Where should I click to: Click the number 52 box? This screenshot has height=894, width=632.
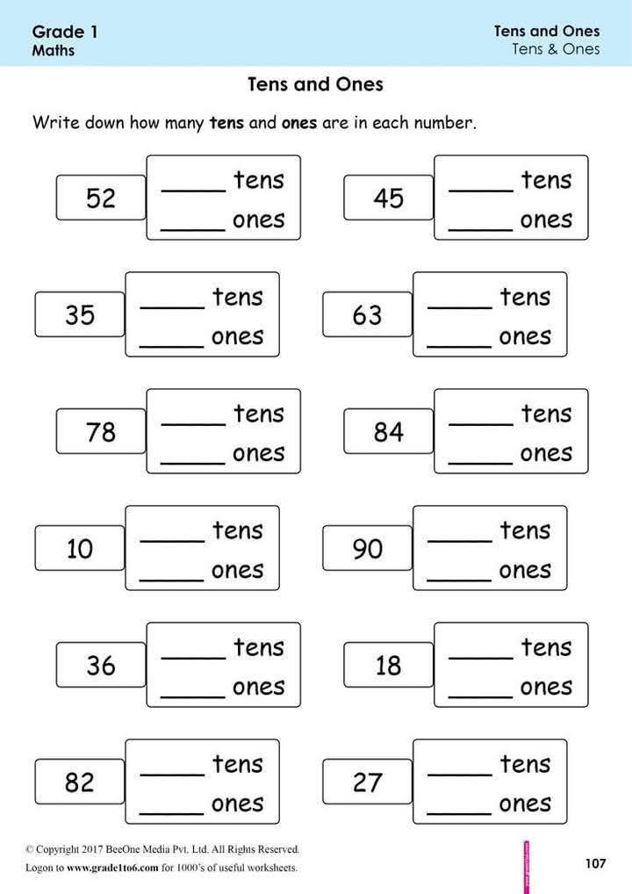101,198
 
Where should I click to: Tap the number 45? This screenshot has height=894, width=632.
389,198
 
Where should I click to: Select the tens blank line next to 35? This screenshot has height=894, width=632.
172,307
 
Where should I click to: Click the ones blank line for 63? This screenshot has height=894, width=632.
459,346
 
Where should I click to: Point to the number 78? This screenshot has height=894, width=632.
101,431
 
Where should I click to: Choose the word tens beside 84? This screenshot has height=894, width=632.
546,414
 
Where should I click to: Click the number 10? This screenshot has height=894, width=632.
80,549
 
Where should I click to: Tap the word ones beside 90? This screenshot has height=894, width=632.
525,570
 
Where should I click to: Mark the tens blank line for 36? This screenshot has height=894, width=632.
194,658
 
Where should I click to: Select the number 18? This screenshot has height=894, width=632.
389,666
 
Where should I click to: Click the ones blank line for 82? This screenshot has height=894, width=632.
171,813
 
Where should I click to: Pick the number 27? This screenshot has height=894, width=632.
368,782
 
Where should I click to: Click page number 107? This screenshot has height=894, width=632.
595,863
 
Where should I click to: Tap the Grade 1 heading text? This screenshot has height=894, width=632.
65,32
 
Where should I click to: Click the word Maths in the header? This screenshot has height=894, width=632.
53,50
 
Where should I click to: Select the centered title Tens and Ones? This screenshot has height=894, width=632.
316,84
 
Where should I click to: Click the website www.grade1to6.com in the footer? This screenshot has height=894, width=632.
112,868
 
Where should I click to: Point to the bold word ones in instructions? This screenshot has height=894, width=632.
299,123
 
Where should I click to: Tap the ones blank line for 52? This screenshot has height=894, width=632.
193,229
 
